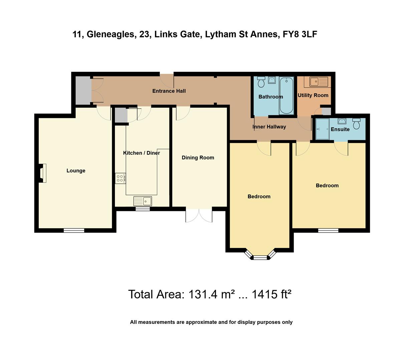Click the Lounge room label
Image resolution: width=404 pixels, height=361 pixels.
click(76, 171)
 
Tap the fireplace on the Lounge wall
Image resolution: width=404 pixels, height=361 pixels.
click(42, 173)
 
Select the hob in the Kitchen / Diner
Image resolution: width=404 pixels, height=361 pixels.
click(121, 178)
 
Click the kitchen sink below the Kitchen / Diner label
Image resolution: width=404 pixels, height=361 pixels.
click(143, 201)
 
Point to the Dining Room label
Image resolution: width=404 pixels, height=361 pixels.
click(198, 158)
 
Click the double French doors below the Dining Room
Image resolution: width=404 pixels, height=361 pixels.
click(199, 216)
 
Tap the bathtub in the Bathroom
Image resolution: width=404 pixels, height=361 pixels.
click(286, 96)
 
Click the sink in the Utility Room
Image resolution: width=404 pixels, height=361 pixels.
click(319, 82)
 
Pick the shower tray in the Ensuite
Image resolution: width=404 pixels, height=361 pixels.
click(323, 129)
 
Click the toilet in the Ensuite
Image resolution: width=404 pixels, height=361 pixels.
click(357, 123)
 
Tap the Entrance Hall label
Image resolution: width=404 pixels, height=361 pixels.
click(169, 91)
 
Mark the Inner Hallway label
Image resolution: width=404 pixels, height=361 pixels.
click(269, 127)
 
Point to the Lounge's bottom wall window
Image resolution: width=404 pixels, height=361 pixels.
click(74, 230)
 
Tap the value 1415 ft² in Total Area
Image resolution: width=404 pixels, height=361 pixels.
click(271, 294)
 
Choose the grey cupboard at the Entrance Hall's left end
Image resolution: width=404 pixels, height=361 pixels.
click(83, 91)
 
